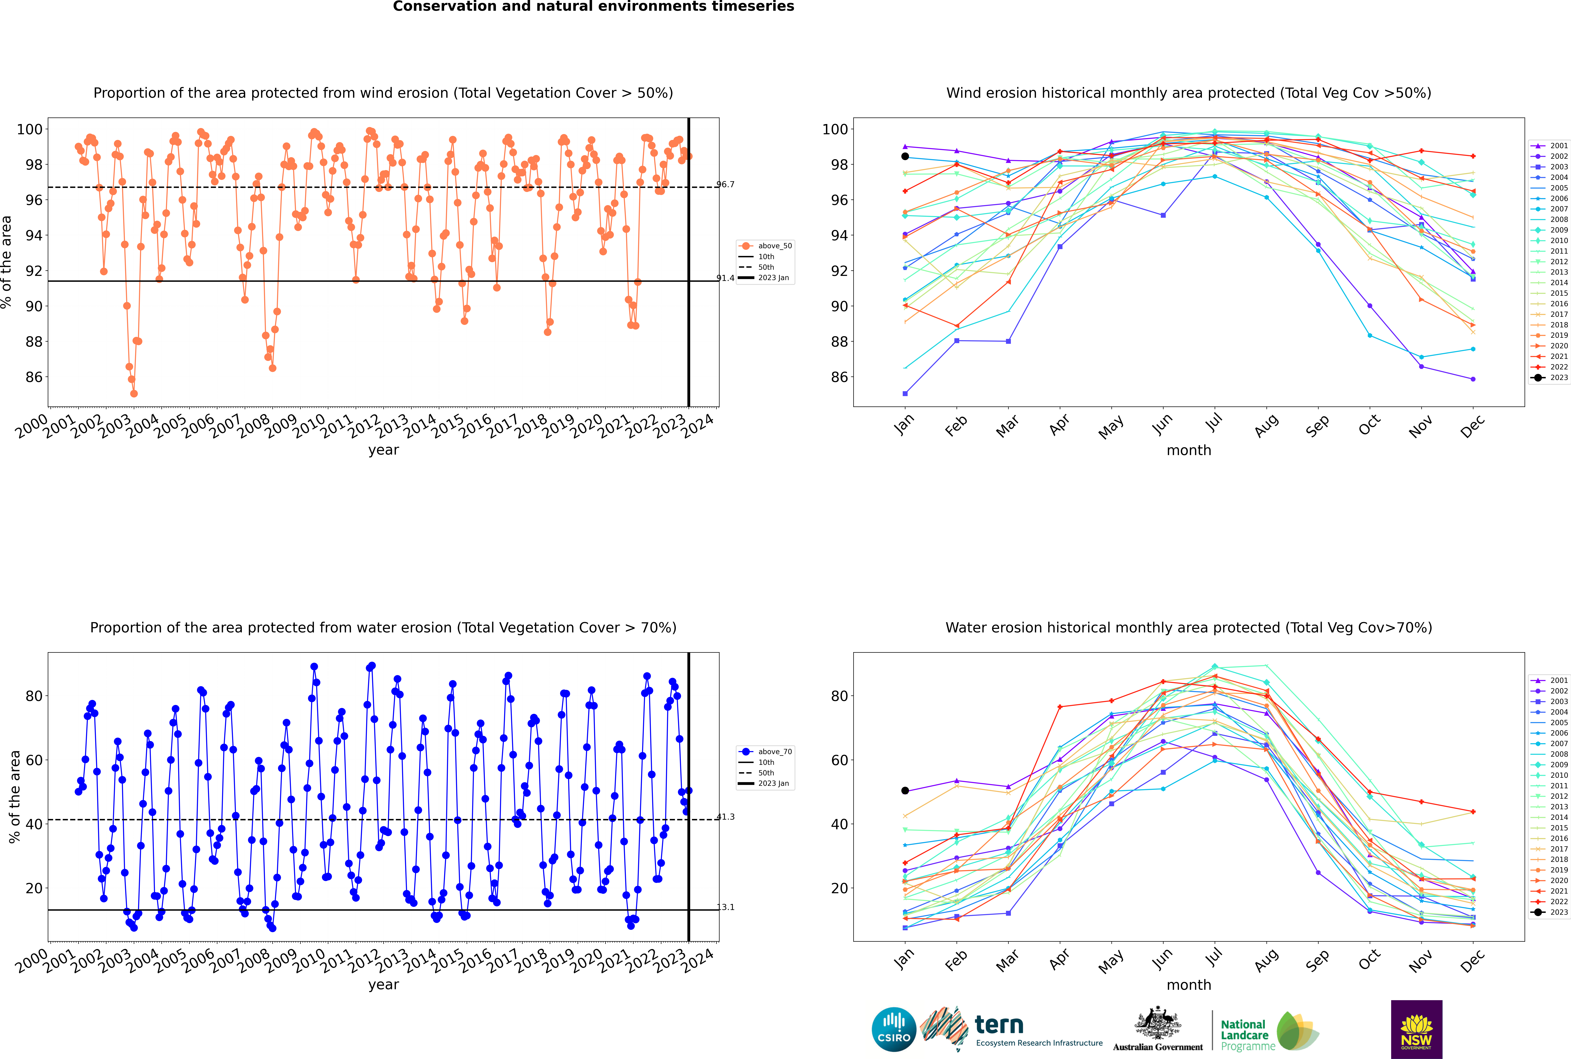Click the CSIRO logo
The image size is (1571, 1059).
point(894,1029)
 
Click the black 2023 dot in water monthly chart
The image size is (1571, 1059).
point(905,791)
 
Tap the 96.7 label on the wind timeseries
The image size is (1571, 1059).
point(725,184)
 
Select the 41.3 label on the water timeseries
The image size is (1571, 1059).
point(725,816)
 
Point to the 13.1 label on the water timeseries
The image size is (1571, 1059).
point(725,907)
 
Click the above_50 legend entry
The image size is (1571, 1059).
point(765,246)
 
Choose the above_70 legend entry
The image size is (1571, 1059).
point(765,752)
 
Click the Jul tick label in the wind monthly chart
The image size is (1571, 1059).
point(1214,423)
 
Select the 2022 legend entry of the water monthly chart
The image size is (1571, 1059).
point(1549,902)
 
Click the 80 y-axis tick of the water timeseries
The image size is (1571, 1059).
point(34,696)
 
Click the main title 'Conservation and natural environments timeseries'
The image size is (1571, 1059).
point(594,7)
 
